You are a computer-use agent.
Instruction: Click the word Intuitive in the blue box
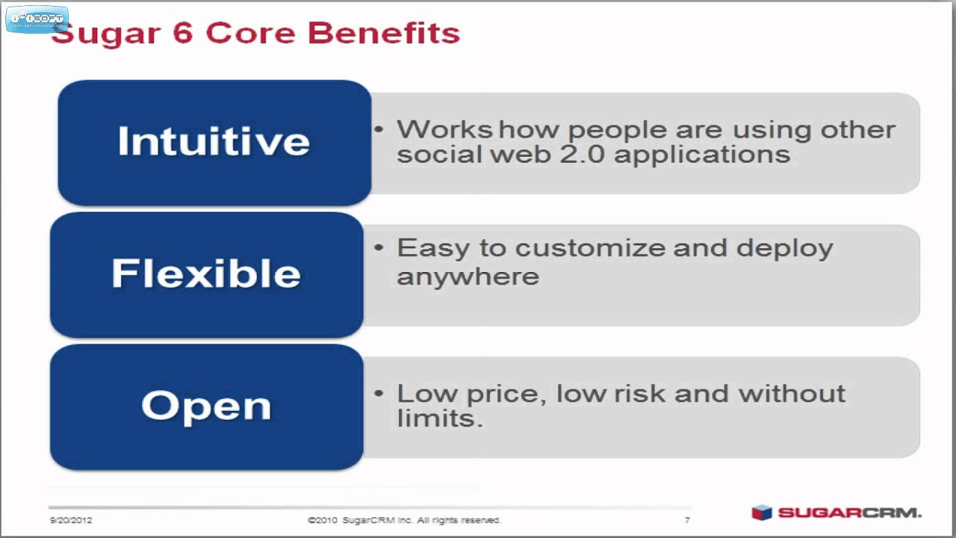point(214,141)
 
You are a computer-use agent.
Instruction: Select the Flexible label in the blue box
point(206,273)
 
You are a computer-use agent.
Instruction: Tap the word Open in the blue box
point(206,406)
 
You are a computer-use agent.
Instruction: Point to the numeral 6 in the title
point(182,34)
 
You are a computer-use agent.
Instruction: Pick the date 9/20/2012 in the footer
point(72,520)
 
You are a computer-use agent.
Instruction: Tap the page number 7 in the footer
point(687,520)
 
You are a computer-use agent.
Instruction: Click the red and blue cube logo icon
point(761,513)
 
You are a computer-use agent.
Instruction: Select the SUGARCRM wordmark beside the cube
point(850,513)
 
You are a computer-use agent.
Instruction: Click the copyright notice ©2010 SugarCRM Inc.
point(404,520)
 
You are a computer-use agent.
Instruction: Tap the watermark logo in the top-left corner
point(37,19)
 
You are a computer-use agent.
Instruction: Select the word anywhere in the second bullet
point(468,276)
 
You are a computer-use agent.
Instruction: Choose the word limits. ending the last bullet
point(439,418)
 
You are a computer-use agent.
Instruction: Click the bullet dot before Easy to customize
point(379,247)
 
